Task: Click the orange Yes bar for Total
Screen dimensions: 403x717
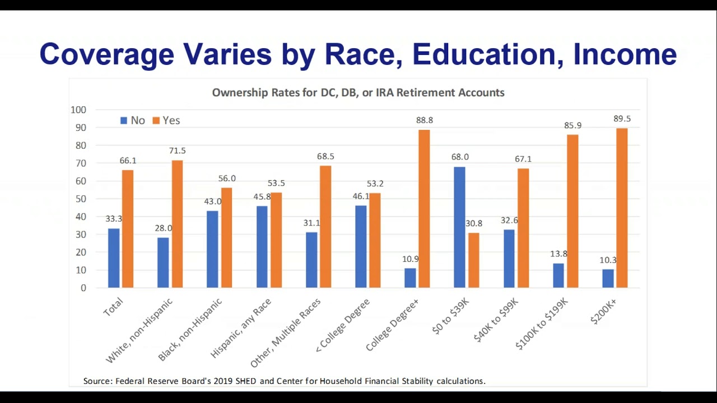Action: [x=128, y=228]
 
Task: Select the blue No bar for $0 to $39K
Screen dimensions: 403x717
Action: [x=459, y=227]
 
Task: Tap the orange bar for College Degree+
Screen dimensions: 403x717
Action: [x=424, y=208]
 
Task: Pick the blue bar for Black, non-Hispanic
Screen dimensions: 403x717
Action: [x=212, y=249]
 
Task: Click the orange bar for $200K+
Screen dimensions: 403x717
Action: [x=622, y=208]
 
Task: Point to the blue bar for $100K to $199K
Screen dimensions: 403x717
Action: [x=558, y=275]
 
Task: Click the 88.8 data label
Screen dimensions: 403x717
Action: [x=424, y=120]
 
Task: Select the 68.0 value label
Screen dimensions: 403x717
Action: [x=460, y=157]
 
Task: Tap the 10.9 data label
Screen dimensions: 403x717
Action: [x=411, y=260]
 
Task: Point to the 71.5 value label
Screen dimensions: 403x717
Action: [x=177, y=151]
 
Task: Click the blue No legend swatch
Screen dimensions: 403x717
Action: [x=124, y=120]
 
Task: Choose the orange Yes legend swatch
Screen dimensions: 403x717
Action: [x=156, y=120]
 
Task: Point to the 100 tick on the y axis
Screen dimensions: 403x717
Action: [x=78, y=110]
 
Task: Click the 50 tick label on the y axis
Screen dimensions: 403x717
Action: [x=82, y=199]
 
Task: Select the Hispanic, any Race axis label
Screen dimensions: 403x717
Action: [x=241, y=329]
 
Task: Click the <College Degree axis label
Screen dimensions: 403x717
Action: [x=343, y=326]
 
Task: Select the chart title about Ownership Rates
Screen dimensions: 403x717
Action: [x=358, y=93]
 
